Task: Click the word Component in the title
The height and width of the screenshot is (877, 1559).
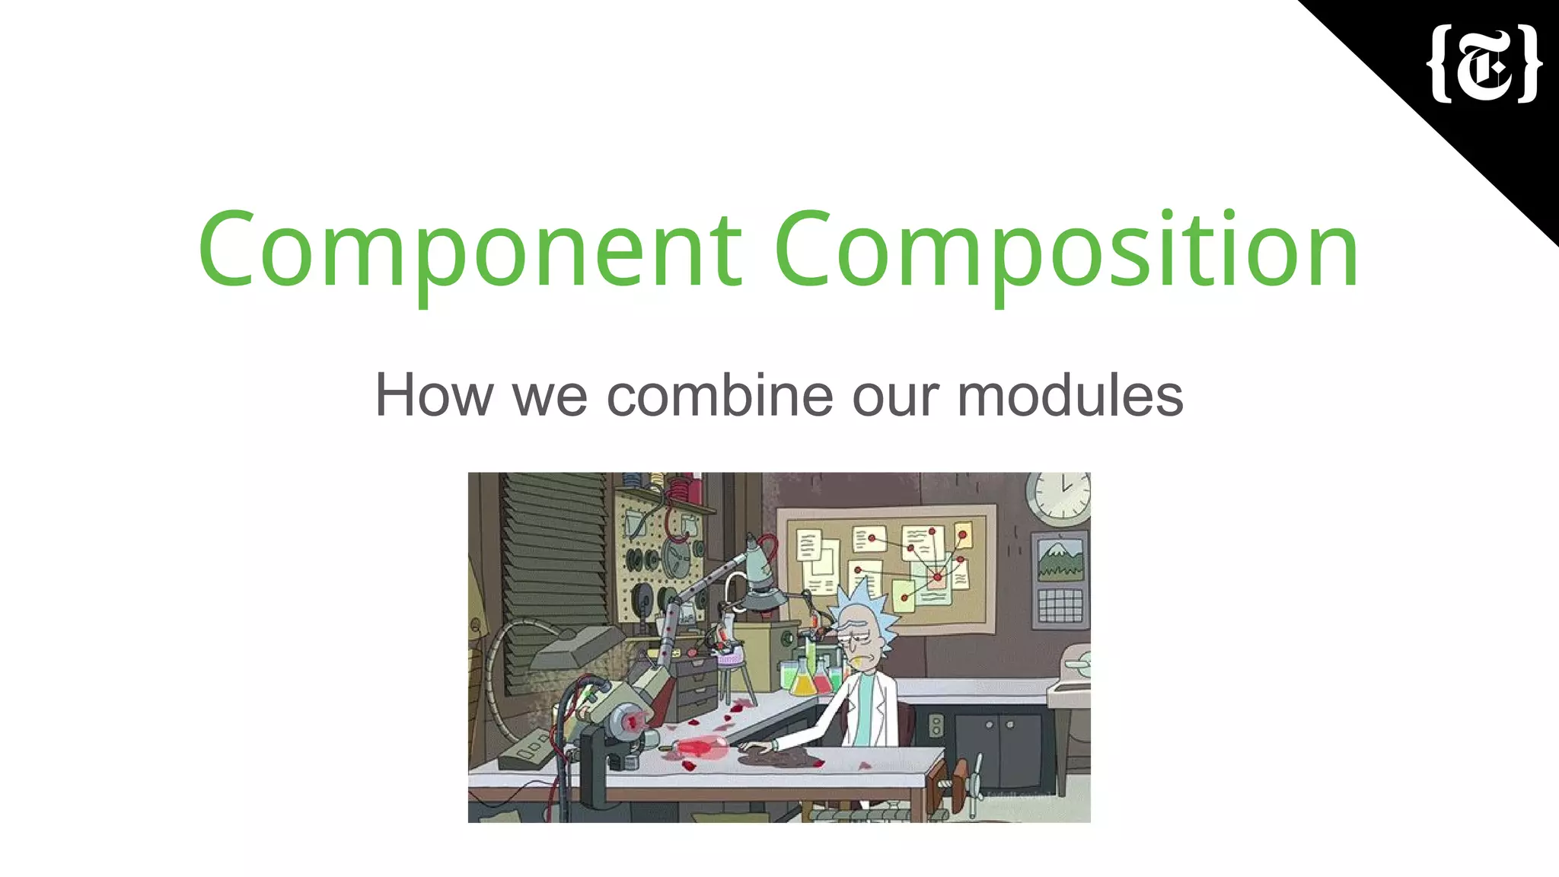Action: [469, 250]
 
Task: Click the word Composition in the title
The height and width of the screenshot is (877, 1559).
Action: [1066, 250]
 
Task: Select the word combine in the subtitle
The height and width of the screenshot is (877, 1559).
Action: [719, 396]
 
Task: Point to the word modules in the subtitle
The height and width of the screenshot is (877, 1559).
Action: [1070, 396]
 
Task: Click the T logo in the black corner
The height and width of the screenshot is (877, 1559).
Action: [1483, 64]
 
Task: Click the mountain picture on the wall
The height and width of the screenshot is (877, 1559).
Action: [1060, 560]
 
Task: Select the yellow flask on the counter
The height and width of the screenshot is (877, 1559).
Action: [802, 680]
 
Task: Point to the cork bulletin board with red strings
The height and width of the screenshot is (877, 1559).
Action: [887, 567]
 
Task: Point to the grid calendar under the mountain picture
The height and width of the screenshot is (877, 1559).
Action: [1060, 605]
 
